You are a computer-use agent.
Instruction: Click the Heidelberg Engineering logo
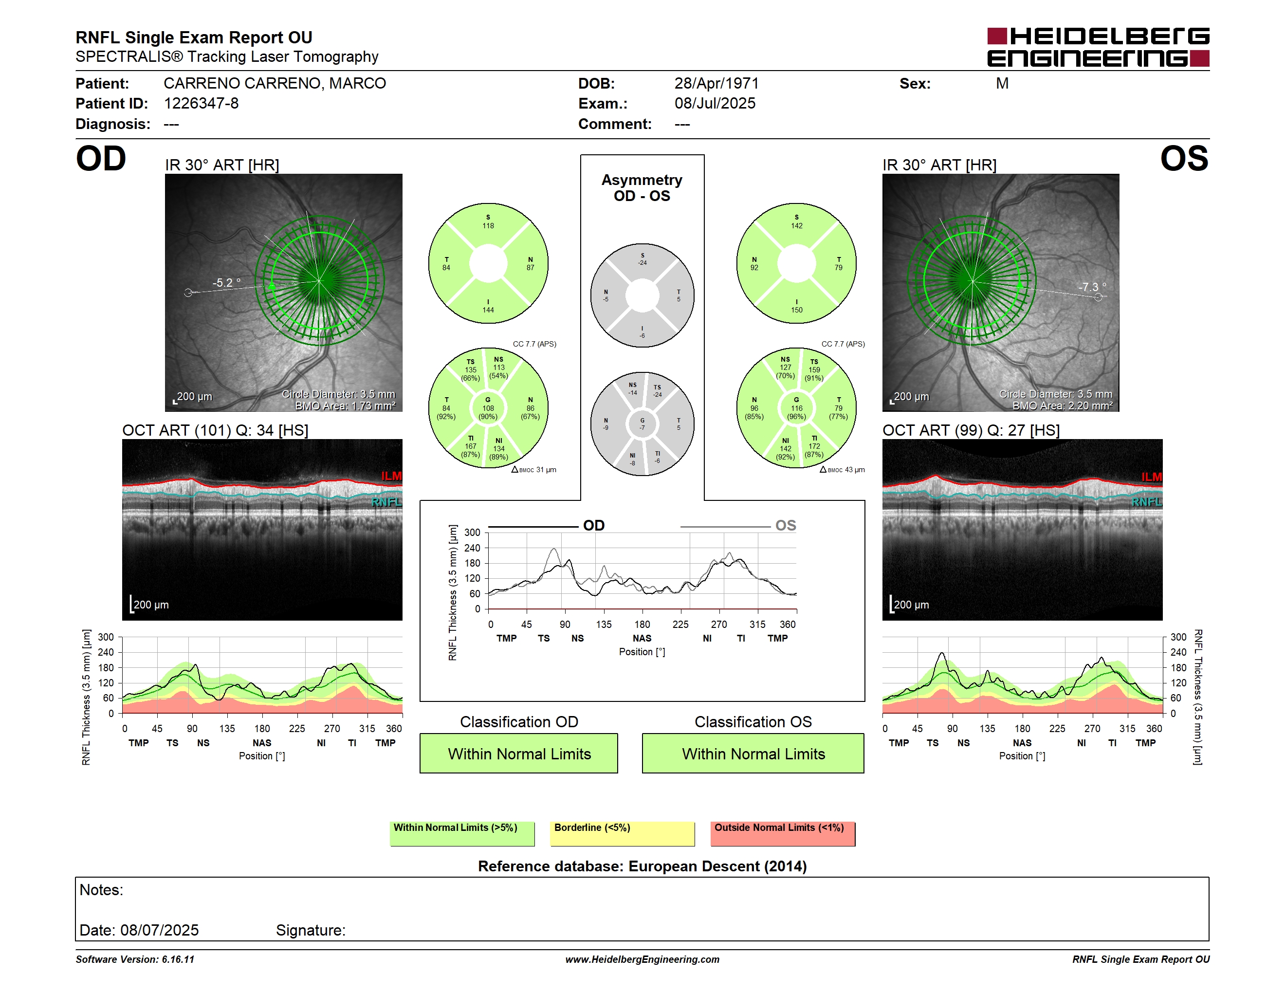(1098, 47)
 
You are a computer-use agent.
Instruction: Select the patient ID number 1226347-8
(201, 104)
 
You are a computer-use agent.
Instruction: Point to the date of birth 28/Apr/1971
(716, 84)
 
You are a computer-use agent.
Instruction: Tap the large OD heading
(101, 159)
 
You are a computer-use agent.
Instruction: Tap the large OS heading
(1184, 159)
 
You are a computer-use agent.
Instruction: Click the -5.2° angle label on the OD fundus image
(226, 282)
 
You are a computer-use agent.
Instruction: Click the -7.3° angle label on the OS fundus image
(1092, 287)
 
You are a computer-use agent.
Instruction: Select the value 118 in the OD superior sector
(488, 226)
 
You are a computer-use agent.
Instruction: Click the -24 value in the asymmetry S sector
(642, 263)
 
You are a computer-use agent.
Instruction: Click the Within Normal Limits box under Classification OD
(519, 753)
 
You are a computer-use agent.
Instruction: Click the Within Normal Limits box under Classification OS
(753, 753)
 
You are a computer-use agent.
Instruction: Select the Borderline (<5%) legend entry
(623, 833)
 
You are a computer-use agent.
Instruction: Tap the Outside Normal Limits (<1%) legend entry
(783, 833)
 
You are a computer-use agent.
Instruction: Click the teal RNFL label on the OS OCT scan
(1147, 502)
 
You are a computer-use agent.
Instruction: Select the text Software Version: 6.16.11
(135, 959)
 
